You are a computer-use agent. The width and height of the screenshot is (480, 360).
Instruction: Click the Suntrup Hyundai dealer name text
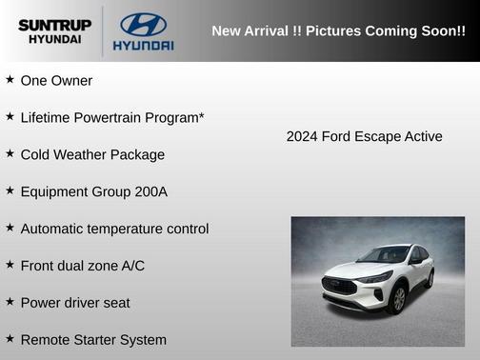pyautogui.click(x=55, y=30)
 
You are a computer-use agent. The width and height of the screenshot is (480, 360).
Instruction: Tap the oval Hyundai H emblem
pyautogui.click(x=143, y=24)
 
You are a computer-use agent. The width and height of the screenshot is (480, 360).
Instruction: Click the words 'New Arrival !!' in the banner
pyautogui.click(x=251, y=31)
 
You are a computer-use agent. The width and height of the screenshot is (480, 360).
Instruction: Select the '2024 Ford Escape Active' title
pyautogui.click(x=364, y=136)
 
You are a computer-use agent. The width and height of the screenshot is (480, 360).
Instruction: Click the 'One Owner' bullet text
pyautogui.click(x=56, y=81)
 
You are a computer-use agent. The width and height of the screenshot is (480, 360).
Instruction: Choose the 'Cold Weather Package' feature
pyautogui.click(x=92, y=154)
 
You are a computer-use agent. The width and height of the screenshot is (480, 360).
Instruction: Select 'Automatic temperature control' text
pyautogui.click(x=114, y=229)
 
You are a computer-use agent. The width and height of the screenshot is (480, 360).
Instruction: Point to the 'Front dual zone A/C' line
pyautogui.click(x=83, y=266)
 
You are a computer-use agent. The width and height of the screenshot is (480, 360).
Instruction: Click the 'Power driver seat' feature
pyautogui.click(x=75, y=303)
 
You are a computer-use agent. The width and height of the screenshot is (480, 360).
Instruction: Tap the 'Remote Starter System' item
pyautogui.click(x=93, y=340)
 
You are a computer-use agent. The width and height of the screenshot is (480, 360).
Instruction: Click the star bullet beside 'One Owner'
pyautogui.click(x=10, y=80)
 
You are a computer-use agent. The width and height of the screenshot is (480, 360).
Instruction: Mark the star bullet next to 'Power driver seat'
pyautogui.click(x=10, y=302)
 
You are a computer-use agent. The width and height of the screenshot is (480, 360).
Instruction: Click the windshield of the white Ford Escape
pyautogui.click(x=383, y=255)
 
